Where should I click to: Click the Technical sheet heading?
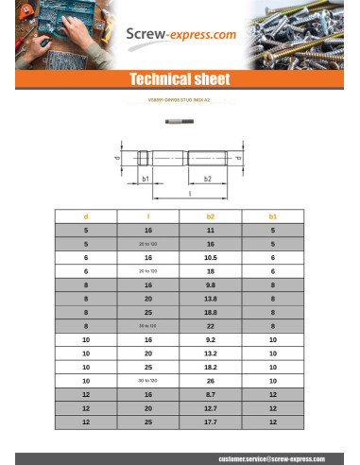pos(180,79)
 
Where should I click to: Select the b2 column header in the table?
pos(210,216)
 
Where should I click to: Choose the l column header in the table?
pos(148,216)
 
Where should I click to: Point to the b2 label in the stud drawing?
pos(207,178)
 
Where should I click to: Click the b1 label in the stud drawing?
pos(146,178)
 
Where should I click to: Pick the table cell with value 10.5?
pos(210,257)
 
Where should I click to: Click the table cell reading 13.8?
pos(210,298)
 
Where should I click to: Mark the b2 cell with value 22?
pos(210,325)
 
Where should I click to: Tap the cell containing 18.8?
pos(210,311)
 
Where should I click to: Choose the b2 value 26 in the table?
pos(210,380)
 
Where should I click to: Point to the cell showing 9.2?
pos(210,338)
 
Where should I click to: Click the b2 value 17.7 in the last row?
pos(210,421)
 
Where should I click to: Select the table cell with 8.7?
pos(210,393)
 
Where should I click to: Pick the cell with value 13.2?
pos(210,353)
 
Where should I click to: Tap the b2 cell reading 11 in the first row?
pos(210,230)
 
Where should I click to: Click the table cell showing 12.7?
pos(210,407)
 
